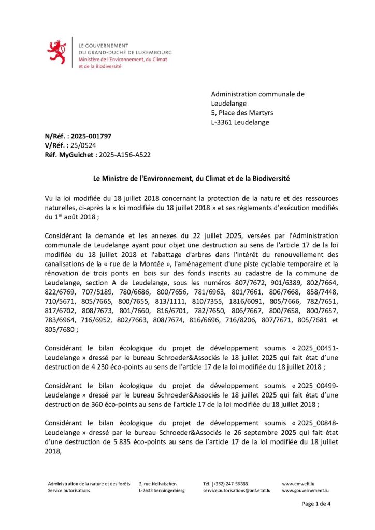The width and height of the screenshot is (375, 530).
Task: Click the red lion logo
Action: (x=56, y=52)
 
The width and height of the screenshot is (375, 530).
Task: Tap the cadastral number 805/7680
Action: (x=60, y=329)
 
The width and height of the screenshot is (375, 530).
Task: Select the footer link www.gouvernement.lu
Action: (x=306, y=490)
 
